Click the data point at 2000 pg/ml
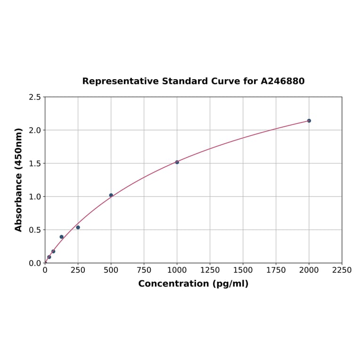point(309,121)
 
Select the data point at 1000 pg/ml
point(177,162)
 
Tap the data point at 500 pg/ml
point(111,195)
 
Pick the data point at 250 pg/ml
point(78,227)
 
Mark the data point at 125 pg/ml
point(62,237)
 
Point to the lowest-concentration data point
point(49,257)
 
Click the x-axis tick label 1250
point(210,270)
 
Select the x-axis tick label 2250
point(342,270)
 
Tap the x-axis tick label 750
point(144,270)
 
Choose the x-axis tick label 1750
point(276,270)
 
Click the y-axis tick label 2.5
point(35,97)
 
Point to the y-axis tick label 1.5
point(35,164)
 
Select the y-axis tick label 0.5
point(35,230)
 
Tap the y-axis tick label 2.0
point(35,130)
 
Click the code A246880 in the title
point(283,81)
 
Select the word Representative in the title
point(121,81)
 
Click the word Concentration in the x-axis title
point(173,284)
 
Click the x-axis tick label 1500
point(243,270)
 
